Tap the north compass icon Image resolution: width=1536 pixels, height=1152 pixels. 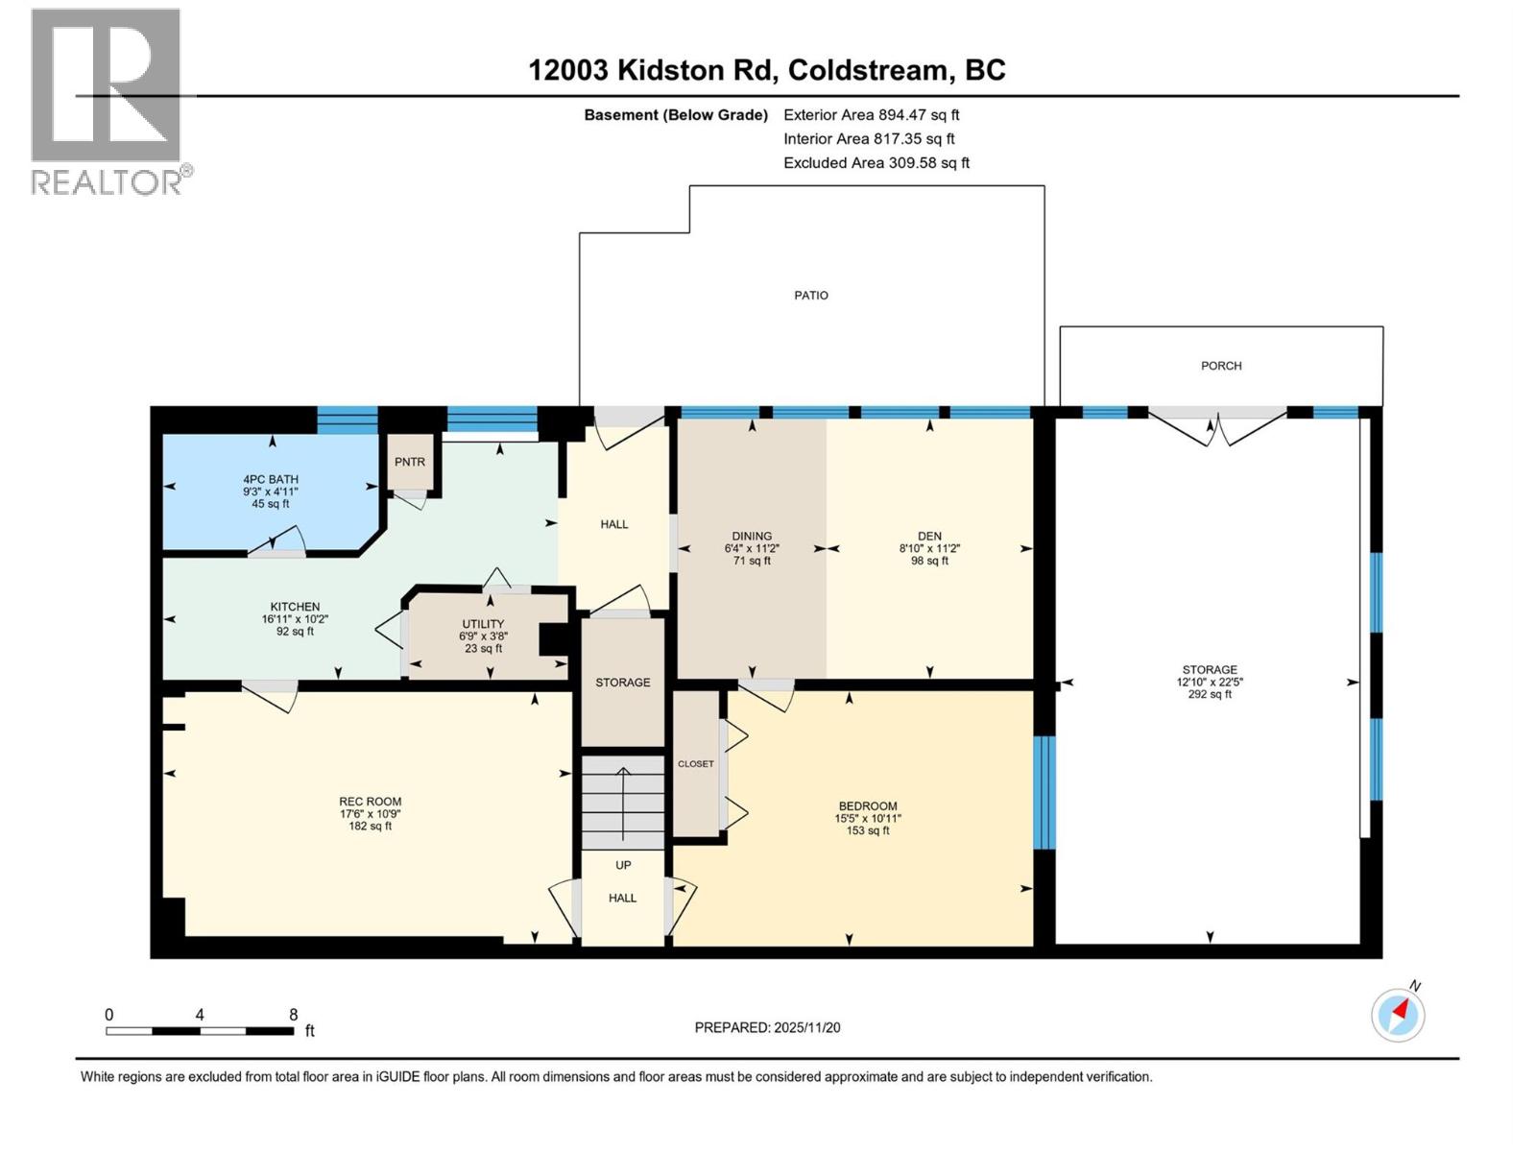coord(1398,1014)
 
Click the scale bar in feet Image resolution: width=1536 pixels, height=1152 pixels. coord(200,1031)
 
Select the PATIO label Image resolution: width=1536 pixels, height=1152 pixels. coord(810,296)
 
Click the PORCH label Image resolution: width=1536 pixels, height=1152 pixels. coord(1220,366)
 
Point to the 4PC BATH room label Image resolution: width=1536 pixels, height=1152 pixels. coord(270,479)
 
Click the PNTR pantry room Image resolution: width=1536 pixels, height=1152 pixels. coord(410,463)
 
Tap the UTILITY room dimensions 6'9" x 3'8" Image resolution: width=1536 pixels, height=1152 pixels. coord(483,636)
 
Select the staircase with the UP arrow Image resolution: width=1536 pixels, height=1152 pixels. coord(623,801)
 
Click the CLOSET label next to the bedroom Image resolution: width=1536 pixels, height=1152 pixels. coord(695,764)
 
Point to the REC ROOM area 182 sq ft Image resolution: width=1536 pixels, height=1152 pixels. coord(370,827)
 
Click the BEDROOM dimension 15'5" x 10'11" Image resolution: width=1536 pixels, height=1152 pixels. coord(868,819)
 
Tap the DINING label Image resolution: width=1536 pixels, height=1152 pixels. coord(752,537)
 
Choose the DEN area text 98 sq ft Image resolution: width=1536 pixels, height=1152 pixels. coord(928,562)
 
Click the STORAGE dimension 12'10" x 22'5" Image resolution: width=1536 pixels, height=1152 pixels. coord(1209,683)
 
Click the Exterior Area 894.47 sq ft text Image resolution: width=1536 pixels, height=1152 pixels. coord(871,115)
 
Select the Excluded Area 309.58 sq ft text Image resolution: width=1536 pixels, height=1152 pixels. coord(876,163)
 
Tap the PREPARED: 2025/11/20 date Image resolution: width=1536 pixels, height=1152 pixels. coord(767,1027)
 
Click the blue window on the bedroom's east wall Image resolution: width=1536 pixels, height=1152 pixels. coord(1044,792)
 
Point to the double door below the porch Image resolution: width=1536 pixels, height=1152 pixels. coord(1217,426)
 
